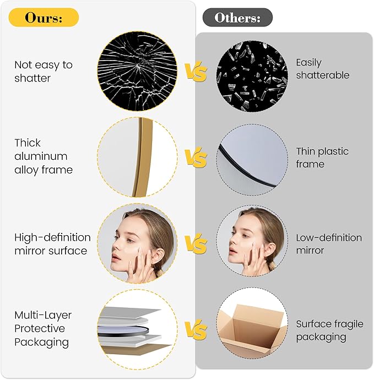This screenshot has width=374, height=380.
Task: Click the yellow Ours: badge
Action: pos(44,18)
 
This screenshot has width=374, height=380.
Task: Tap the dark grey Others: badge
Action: pos(237,18)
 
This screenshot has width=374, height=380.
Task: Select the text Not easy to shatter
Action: pos(44,72)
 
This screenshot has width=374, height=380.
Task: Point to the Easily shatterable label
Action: pos(323,69)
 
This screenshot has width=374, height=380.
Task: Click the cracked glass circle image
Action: pos(137,71)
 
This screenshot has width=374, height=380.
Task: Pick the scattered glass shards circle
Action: pos(252,76)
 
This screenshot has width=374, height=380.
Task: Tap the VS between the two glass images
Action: pos(196,71)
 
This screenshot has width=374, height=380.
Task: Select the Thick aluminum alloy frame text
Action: pos(44,156)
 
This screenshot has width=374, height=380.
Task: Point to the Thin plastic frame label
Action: pos(322,158)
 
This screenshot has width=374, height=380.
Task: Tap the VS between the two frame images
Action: pos(196,157)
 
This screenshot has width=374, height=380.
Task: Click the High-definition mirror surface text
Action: pos(52,244)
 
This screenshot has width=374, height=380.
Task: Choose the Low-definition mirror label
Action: pos(329,244)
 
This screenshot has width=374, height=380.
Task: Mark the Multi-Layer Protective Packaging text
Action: pos(43,329)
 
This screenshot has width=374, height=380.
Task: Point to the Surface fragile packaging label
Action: pos(329,330)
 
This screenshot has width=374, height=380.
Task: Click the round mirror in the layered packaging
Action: pos(123,330)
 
